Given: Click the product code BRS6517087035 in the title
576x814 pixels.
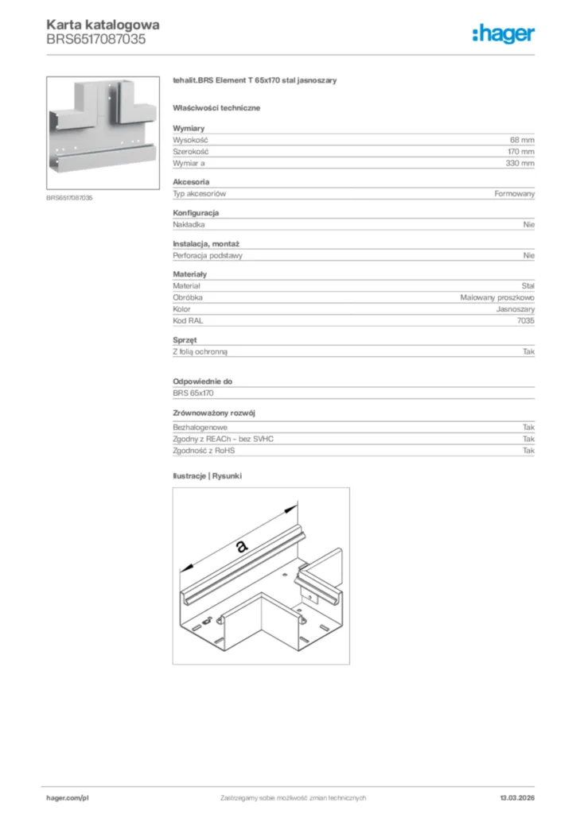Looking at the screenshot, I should (x=95, y=37).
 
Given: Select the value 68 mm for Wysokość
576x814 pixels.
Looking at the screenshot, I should (x=522, y=139).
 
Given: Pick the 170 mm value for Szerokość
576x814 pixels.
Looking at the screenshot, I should (x=521, y=151).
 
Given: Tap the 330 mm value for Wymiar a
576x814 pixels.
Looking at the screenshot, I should (x=521, y=163).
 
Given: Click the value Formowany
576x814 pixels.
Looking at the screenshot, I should (x=515, y=194).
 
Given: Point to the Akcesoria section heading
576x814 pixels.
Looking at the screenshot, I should (x=190, y=182).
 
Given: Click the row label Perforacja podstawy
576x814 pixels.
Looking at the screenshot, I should (x=208, y=256).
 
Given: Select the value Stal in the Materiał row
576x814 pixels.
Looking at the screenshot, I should (x=527, y=285).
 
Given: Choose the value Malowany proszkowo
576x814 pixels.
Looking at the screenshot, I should (x=497, y=297).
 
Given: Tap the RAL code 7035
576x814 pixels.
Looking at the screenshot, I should (x=526, y=320).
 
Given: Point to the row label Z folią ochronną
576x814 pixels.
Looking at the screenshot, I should (x=205, y=351).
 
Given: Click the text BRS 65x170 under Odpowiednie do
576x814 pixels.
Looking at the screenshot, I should (x=193, y=393).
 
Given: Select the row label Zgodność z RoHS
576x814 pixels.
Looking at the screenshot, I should (x=204, y=451).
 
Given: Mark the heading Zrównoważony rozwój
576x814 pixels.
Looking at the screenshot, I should (x=213, y=413).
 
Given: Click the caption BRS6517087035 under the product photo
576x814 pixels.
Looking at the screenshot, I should (x=69, y=197).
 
